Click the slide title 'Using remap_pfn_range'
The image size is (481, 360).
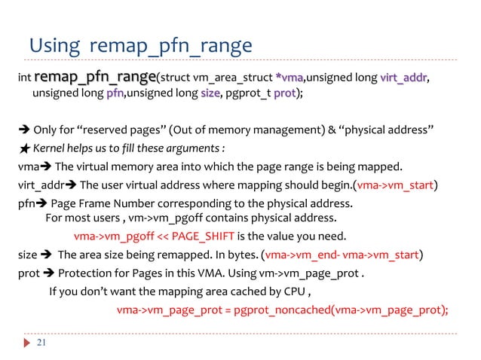tap(139, 46)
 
